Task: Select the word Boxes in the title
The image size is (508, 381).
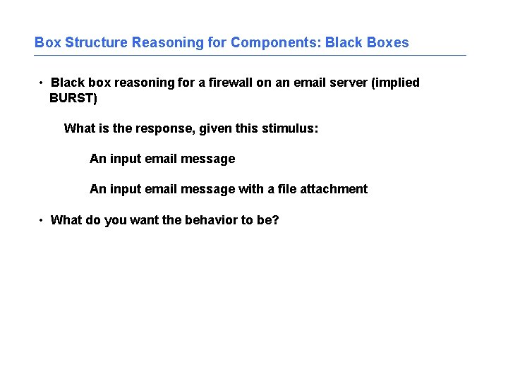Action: click(387, 42)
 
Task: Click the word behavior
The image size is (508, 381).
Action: click(211, 220)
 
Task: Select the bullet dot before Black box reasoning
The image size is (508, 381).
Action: click(42, 83)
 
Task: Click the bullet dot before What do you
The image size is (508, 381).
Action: click(42, 221)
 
